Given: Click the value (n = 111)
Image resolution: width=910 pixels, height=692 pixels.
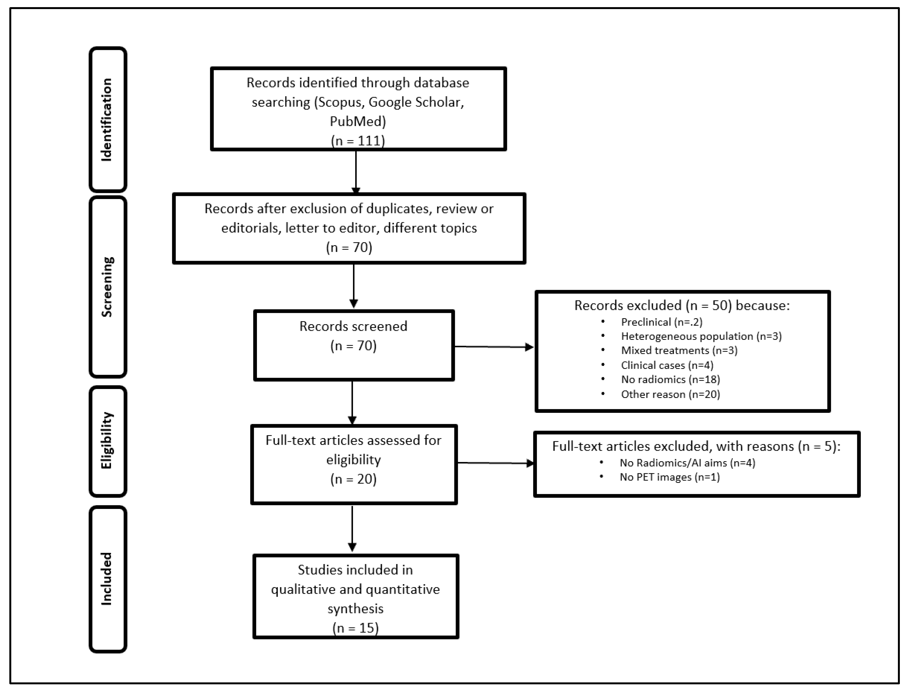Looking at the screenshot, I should pyautogui.click(x=358, y=141).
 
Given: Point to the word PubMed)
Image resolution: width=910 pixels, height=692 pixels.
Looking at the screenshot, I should pyautogui.click(x=358, y=122).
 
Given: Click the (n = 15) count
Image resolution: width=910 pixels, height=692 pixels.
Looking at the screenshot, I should pyautogui.click(x=355, y=628).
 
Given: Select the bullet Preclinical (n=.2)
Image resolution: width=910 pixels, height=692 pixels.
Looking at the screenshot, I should pyautogui.click(x=661, y=322).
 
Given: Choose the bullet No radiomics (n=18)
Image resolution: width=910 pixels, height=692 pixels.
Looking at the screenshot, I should pyautogui.click(x=670, y=379).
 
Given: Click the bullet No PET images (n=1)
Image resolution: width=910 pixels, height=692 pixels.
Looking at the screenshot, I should pyautogui.click(x=670, y=477).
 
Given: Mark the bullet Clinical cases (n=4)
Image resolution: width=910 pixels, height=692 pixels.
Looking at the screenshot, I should pyautogui.click(x=667, y=365).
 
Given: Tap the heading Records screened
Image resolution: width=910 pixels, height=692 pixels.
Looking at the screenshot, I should pyautogui.click(x=353, y=326).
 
